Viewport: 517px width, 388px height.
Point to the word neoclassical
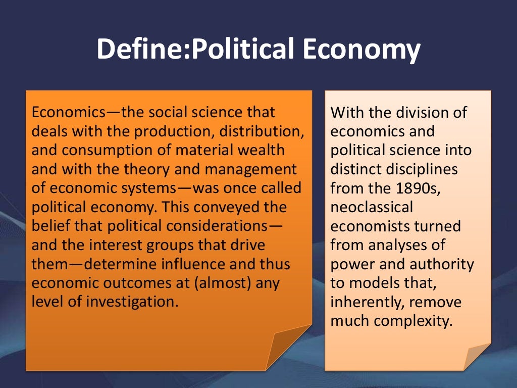point(372,207)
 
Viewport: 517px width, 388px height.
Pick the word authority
point(447,264)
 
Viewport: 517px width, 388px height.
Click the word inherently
point(368,303)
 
